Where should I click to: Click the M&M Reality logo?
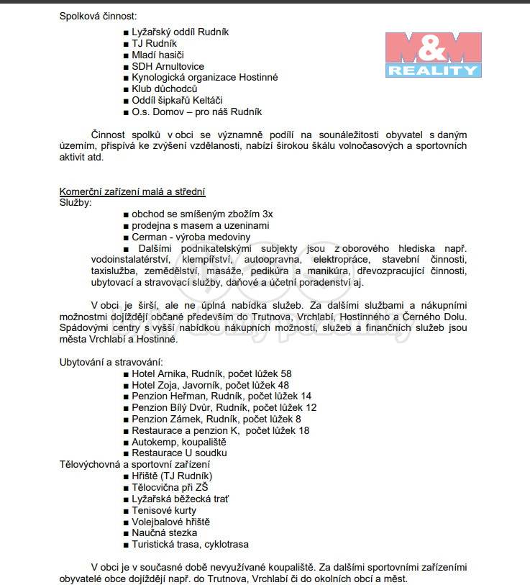point(433,54)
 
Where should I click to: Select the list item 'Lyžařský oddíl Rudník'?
point(180,32)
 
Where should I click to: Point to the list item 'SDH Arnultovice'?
point(168,66)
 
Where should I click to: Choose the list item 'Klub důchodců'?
point(165,89)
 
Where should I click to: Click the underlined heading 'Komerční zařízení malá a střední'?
point(132,191)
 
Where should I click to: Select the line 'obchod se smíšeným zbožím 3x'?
point(202,214)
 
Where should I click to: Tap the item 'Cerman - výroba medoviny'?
point(191,237)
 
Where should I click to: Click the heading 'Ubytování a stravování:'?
point(111,361)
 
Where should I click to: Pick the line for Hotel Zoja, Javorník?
point(210,385)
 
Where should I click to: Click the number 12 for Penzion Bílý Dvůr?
point(311,407)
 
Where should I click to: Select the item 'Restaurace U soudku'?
point(179,453)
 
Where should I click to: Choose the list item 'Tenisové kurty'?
point(164,510)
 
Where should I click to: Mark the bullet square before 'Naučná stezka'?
point(126,533)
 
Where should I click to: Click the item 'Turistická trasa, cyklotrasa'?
point(190,545)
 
